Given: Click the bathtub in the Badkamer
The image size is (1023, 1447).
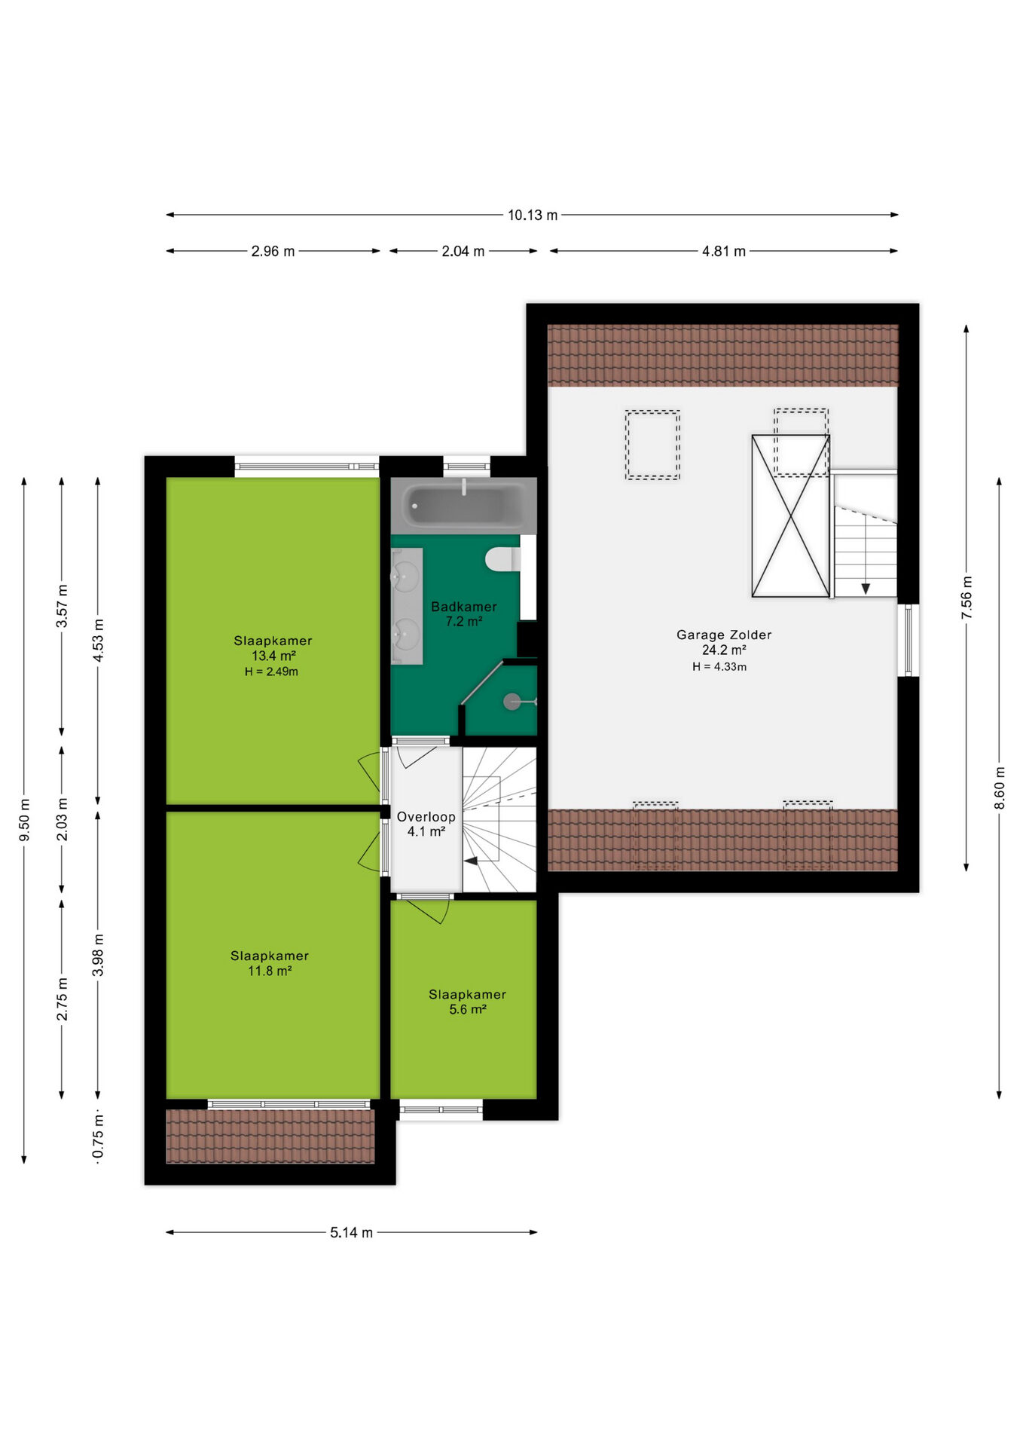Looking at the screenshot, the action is tap(463, 506).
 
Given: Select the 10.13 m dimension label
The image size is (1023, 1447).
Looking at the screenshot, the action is tap(533, 215).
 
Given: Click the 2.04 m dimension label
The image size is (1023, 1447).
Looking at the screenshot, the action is tap(463, 251).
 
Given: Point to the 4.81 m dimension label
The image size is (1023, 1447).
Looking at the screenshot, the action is tap(724, 251).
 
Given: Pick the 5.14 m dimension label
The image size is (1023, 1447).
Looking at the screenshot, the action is tap(351, 1232).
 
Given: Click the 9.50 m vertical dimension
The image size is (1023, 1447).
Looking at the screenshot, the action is tap(24, 820).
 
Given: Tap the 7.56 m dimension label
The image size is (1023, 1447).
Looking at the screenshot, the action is tap(967, 598).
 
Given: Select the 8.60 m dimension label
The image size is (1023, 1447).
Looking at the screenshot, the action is tap(1000, 788).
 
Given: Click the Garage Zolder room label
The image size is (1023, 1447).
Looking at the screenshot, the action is tap(724, 635).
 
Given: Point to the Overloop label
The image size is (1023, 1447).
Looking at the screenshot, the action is tap(426, 816).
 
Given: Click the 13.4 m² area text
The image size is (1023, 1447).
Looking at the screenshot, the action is tap(273, 656).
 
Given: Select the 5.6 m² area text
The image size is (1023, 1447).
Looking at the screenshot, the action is tap(468, 1009).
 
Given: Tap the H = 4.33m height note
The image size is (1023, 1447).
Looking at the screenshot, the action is tap(719, 666).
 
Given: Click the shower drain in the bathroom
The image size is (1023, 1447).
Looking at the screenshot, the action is tap(512, 702).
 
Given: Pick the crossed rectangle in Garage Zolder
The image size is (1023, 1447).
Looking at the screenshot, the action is tap(791, 516).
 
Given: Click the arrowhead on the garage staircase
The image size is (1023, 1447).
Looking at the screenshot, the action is tap(866, 588).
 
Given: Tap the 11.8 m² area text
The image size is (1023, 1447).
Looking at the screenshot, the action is tap(270, 971).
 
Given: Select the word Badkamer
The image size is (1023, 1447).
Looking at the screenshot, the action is tap(464, 606).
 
